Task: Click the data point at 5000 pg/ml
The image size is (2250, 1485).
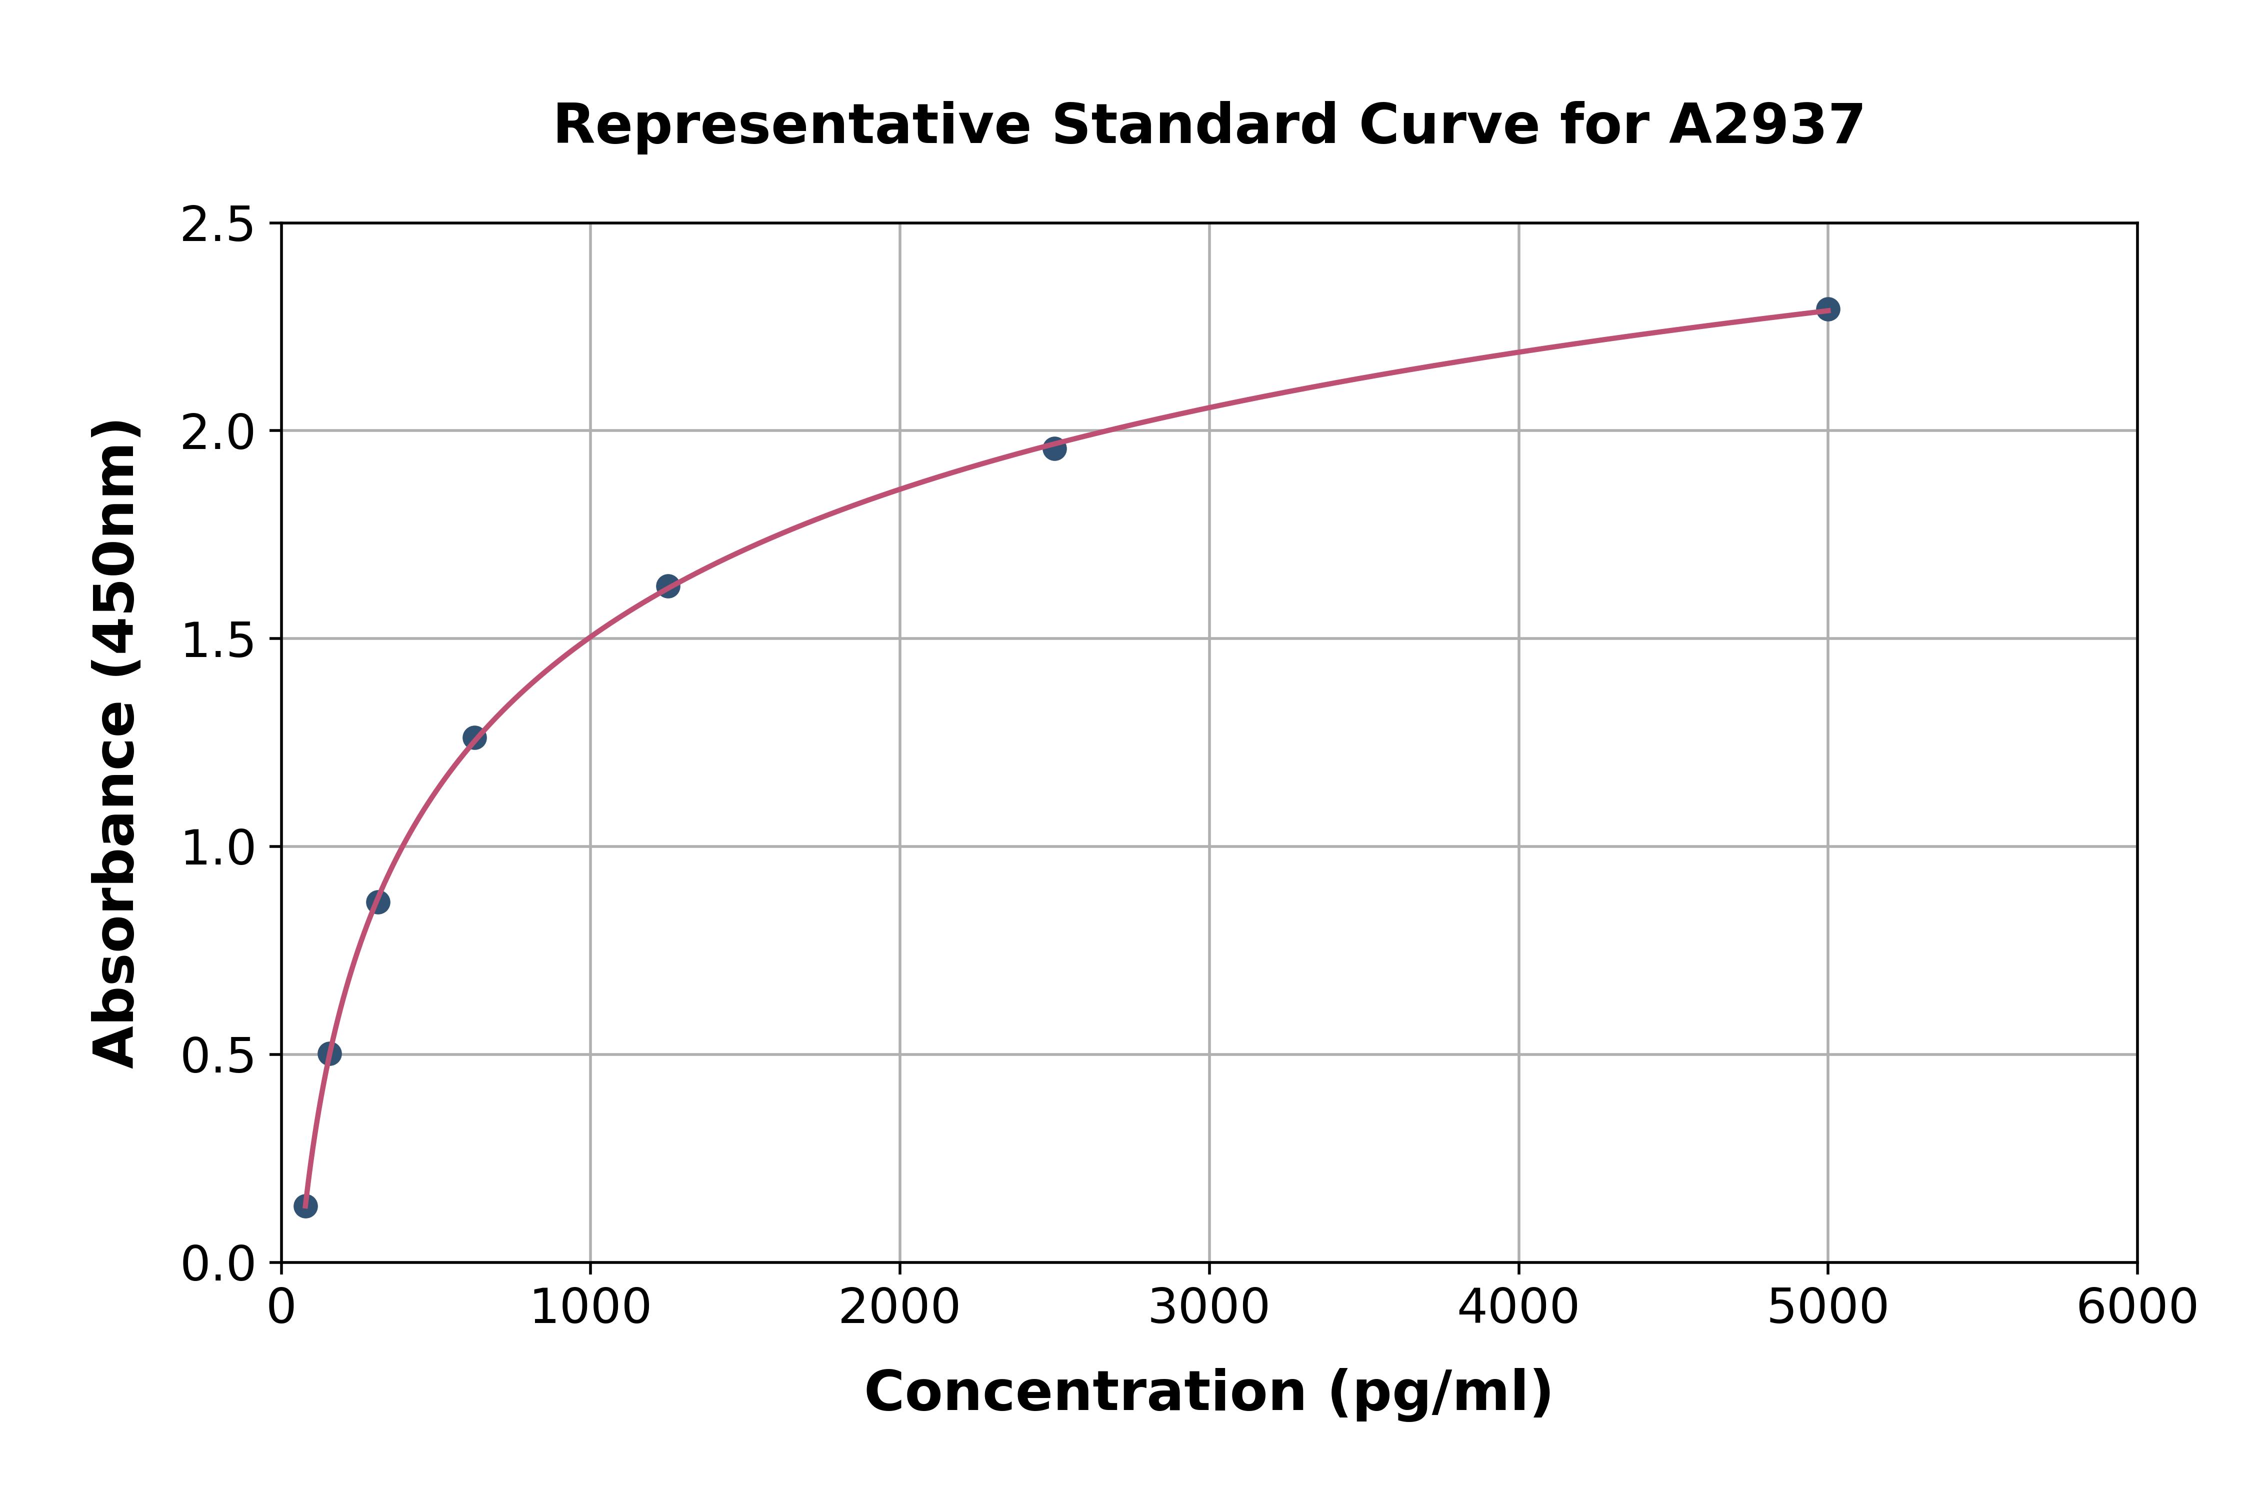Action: (1827, 308)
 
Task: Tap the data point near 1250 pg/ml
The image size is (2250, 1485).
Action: (667, 586)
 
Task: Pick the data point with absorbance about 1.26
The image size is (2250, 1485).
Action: (474, 738)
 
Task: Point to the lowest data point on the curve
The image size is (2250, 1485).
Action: (306, 1205)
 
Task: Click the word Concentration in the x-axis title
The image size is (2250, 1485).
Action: (1085, 1392)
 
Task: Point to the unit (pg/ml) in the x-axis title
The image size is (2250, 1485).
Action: (1439, 1392)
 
